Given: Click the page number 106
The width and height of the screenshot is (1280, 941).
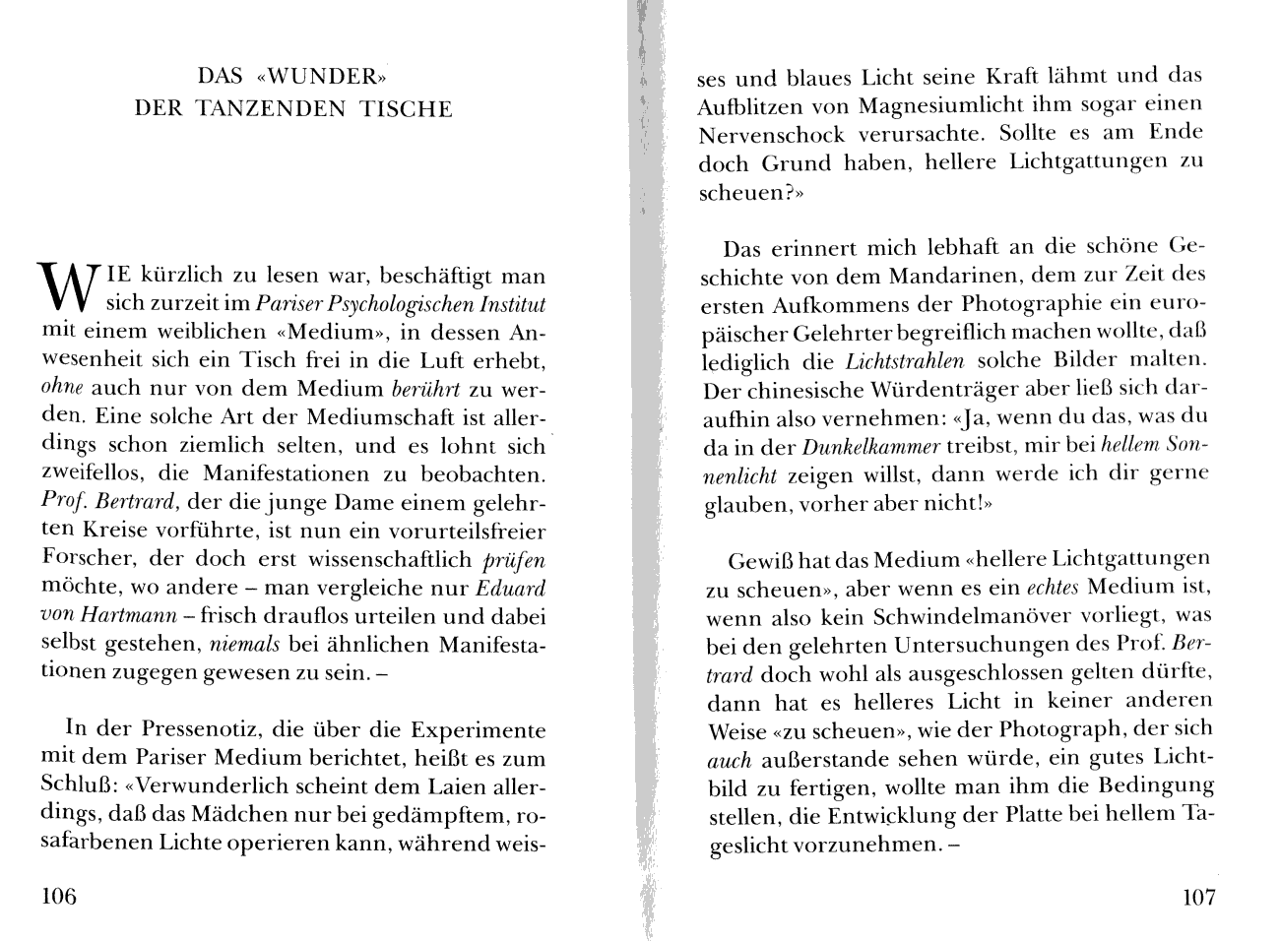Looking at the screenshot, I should pos(58,897).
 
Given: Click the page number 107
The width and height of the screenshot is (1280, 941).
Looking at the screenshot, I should pos(1197,898).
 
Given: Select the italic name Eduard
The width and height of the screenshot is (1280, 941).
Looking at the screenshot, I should pos(511,589).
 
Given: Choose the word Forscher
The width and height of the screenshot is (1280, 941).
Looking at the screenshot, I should pos(90,559).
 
